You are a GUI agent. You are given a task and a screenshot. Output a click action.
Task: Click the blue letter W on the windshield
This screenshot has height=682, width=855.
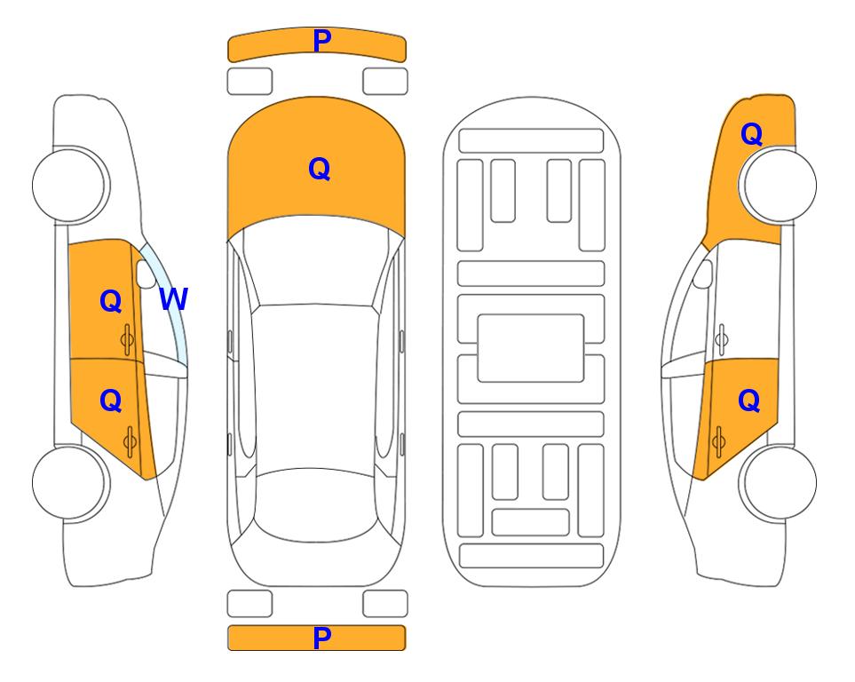173,299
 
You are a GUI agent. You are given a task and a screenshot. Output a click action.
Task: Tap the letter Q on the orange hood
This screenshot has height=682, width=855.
320,169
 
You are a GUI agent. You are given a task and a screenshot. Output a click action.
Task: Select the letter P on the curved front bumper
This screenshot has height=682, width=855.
322,41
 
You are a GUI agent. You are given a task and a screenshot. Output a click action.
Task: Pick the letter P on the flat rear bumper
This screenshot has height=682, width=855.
322,638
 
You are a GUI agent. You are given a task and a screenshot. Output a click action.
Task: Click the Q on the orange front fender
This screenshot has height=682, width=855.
751,134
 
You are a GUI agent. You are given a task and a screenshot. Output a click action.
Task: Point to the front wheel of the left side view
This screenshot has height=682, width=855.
70,185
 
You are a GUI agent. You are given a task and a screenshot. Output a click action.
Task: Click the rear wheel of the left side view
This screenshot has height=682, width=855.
70,482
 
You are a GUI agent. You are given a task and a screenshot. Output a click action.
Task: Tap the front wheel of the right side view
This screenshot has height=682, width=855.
778,185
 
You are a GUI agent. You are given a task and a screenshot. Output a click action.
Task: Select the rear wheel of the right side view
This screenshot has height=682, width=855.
778,482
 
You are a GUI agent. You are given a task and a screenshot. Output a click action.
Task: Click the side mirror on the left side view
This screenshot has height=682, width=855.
146,274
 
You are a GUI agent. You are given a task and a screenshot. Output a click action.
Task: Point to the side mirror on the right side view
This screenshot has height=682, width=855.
703,274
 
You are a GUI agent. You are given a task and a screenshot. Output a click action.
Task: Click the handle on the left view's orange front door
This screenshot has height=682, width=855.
128,339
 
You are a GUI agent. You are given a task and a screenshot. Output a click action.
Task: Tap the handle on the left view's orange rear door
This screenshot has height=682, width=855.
130,442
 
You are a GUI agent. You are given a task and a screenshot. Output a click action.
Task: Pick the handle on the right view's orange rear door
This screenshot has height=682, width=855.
718,442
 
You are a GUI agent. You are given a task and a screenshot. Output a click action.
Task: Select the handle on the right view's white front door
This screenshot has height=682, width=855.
721,339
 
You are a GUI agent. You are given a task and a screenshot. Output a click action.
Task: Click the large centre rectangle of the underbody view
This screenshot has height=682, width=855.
531,348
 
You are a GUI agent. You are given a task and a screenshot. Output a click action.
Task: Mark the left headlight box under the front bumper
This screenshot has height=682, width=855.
249,82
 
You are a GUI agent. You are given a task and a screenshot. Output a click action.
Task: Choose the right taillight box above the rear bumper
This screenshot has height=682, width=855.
385,604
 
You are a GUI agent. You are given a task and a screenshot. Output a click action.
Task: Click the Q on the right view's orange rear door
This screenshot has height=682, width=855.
748,401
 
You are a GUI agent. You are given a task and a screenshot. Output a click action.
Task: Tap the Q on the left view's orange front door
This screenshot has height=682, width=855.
111,301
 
